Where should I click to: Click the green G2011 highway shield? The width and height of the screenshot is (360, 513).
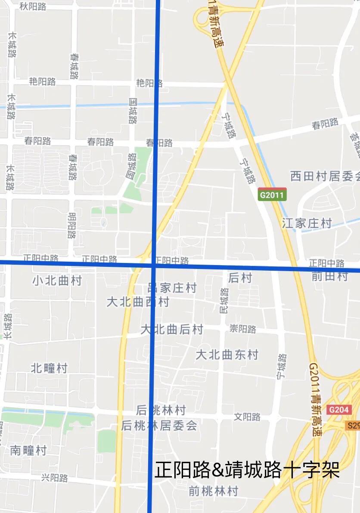pyautogui.click(x=272, y=195)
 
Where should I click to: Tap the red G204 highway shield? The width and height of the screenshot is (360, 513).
pyautogui.click(x=338, y=410)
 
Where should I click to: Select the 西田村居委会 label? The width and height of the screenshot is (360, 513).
pyautogui.click(x=325, y=176)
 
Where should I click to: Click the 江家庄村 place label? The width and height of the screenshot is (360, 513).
pyautogui.click(x=307, y=223)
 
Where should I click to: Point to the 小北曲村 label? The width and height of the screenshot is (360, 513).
pyautogui.click(x=57, y=281)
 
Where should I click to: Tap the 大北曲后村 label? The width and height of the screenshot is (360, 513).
pyautogui.click(x=172, y=330)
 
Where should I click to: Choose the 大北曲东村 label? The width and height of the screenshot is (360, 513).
pyautogui.click(x=227, y=355)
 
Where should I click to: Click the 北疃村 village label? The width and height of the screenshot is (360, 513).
pyautogui.click(x=49, y=368)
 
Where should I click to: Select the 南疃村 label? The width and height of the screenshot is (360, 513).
pyautogui.click(x=28, y=451)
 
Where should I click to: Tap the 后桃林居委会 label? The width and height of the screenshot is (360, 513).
pyautogui.click(x=159, y=426)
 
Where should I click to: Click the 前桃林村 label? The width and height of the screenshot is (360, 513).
pyautogui.click(x=214, y=491)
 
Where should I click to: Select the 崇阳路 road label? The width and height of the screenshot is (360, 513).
pyautogui.click(x=243, y=329)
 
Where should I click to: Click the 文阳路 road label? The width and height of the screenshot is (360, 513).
pyautogui.click(x=247, y=417)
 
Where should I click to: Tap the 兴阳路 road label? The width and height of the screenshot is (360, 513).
pyautogui.click(x=55, y=478)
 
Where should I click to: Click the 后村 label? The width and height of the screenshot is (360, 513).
pyautogui.click(x=240, y=278)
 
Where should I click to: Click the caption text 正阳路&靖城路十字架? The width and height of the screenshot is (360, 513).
pyautogui.click(x=247, y=470)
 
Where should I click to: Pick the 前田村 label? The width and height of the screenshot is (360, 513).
pyautogui.click(x=329, y=276)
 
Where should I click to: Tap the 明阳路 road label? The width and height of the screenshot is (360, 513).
pyautogui.click(x=72, y=226)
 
